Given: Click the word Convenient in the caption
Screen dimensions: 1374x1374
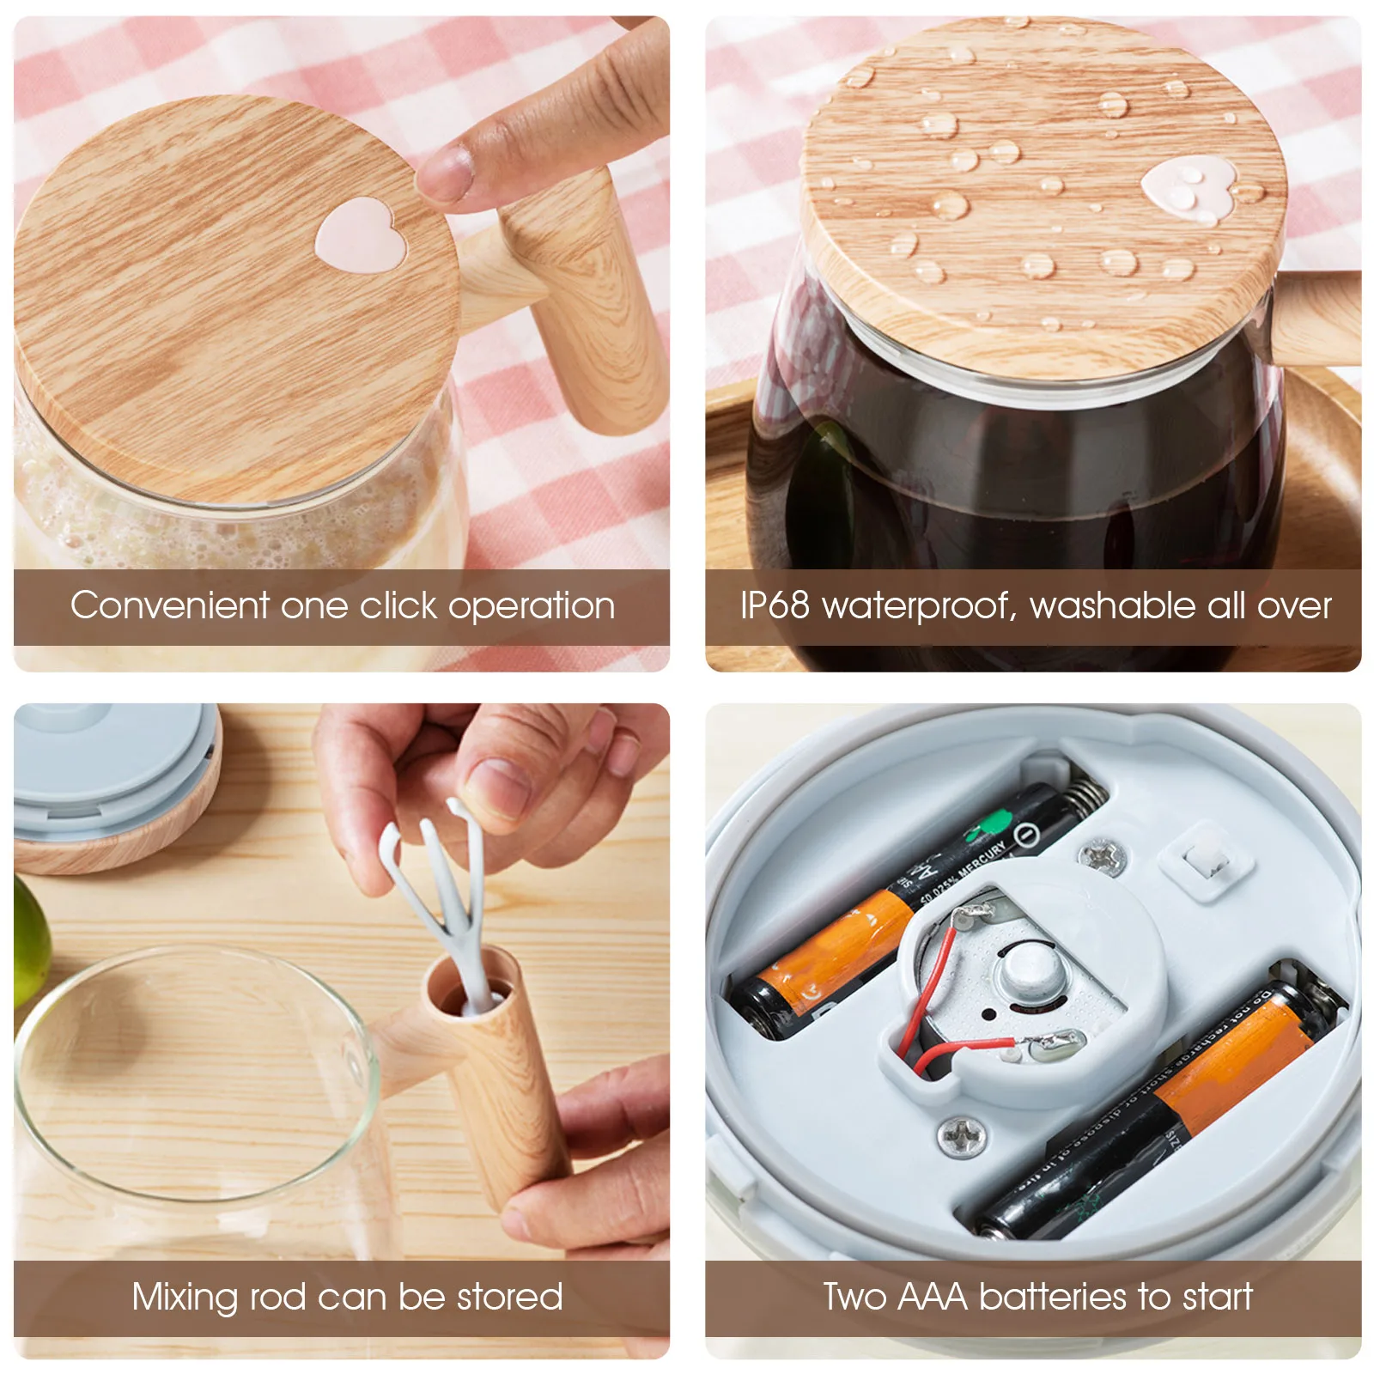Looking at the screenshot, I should (x=170, y=605).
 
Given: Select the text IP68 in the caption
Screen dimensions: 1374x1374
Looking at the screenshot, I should (x=775, y=605).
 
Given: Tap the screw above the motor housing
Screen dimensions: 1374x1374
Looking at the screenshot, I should (x=1101, y=856).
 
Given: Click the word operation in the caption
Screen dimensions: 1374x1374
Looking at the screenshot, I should (x=532, y=606).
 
